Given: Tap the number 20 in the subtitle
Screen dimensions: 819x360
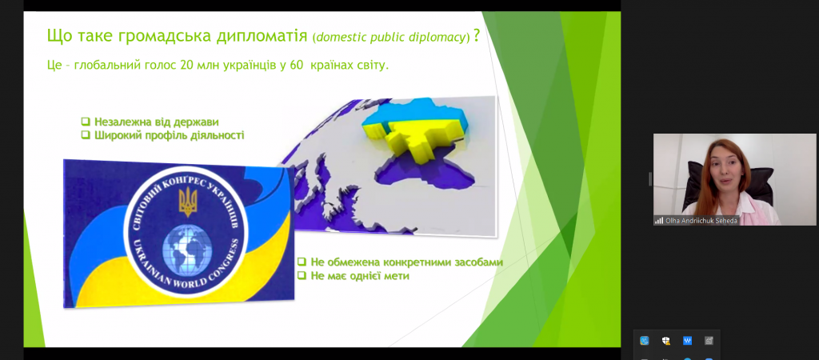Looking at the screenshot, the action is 186,67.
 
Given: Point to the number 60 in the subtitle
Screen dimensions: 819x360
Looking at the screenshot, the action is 296,67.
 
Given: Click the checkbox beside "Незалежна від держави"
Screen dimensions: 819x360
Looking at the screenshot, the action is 86,122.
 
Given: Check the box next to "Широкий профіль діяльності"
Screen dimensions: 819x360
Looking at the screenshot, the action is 86,135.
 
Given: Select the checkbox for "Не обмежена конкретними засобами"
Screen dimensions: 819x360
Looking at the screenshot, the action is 302,262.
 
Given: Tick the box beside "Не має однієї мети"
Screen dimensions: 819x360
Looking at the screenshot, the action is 302,275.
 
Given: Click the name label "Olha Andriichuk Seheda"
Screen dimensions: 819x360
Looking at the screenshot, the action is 701,221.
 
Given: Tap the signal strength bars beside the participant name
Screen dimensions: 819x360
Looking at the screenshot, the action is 659,221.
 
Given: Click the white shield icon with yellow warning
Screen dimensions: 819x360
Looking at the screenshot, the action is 666,341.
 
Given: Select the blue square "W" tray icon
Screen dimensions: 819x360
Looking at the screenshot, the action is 687,341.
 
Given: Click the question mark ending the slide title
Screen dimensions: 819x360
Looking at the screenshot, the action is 477,37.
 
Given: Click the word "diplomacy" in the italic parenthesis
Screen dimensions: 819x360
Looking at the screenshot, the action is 440,38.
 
